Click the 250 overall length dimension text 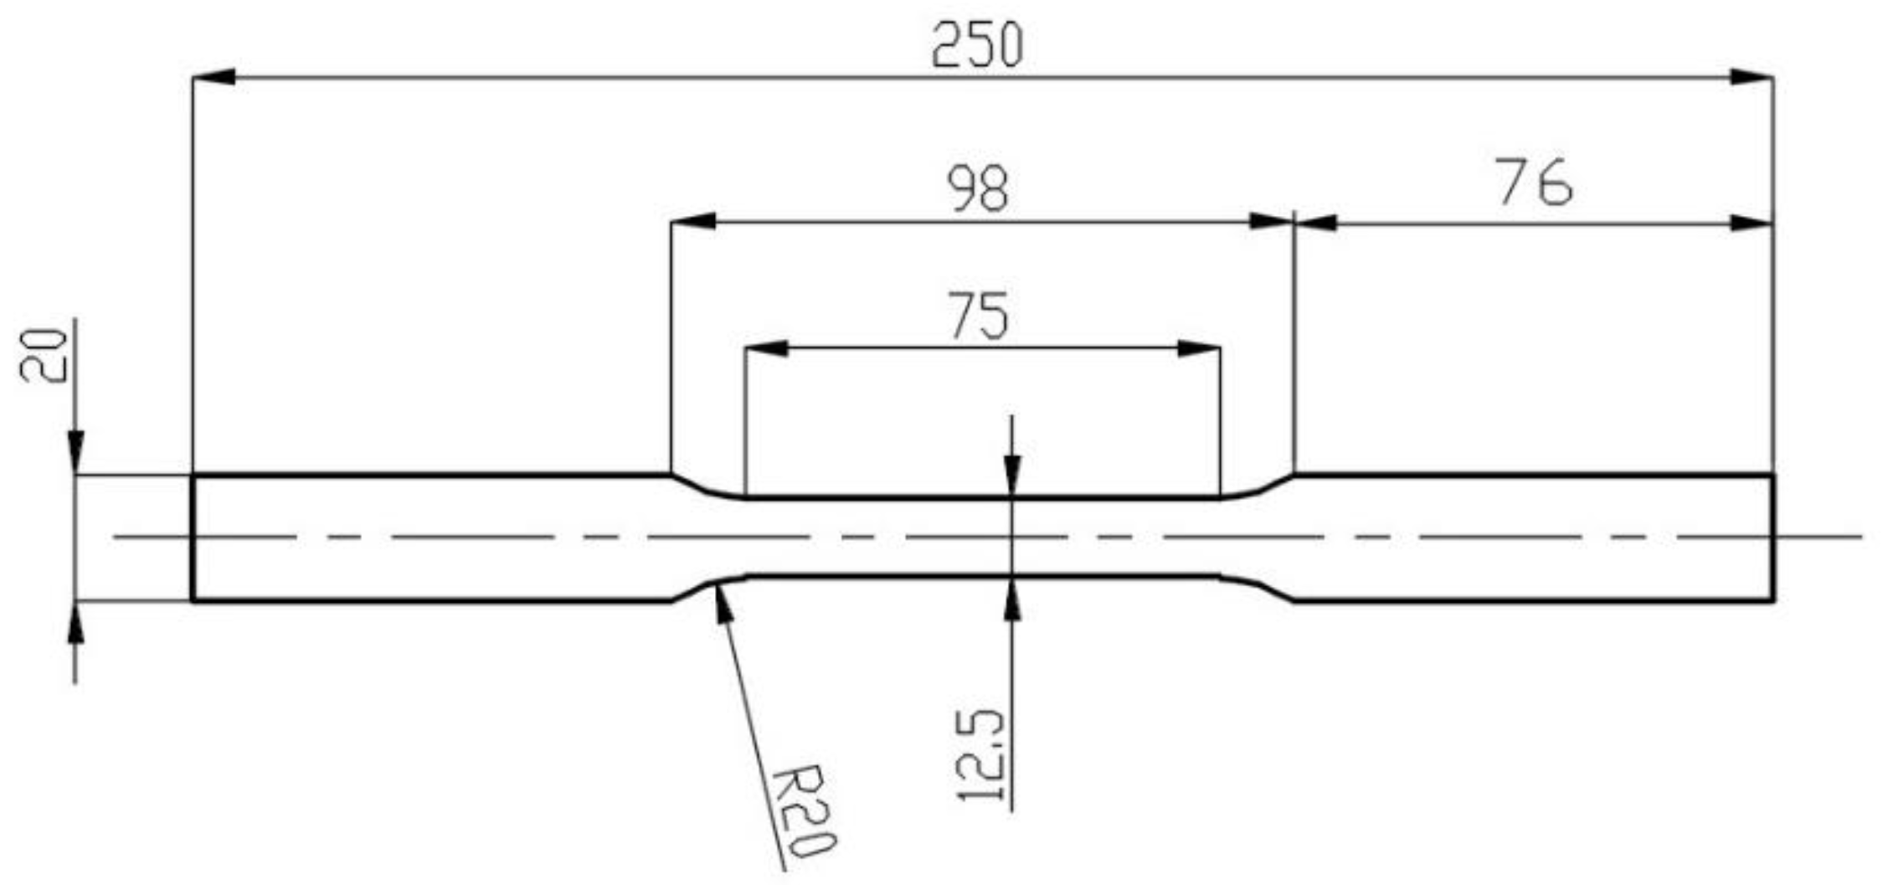(977, 45)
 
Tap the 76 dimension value (1536, 184)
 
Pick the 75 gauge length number (979, 316)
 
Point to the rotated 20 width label (44, 356)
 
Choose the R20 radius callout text (802, 811)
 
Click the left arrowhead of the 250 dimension (213, 77)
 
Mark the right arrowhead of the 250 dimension (1752, 78)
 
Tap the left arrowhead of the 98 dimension (693, 222)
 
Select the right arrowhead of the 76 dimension (1752, 224)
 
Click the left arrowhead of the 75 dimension (766, 348)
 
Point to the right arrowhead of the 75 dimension (1199, 348)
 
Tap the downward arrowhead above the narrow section (1012, 474)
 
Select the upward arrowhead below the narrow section (1012, 599)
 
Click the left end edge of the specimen (193, 538)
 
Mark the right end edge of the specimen (1773, 538)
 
